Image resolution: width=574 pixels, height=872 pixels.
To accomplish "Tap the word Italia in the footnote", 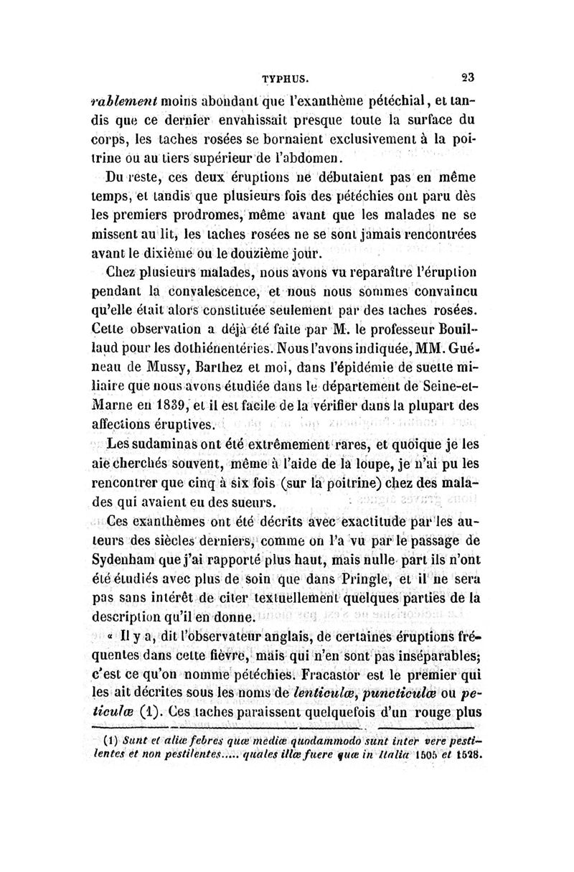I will click(390, 754).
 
